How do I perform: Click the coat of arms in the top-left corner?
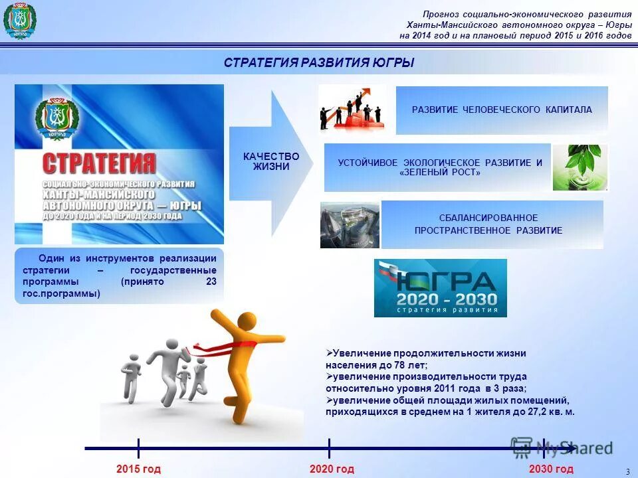19,21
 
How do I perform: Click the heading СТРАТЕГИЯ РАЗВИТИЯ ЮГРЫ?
319,63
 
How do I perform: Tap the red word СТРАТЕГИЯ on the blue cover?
100,163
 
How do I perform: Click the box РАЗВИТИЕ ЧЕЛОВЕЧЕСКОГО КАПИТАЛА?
502,110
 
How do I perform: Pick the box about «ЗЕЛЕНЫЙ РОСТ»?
438,167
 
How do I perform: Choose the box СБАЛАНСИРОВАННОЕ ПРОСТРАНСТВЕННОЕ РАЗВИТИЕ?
492,224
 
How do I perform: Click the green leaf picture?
579,167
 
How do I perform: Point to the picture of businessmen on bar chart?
352,109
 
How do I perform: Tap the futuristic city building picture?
350,225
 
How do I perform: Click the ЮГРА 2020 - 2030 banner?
440,287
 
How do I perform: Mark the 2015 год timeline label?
138,469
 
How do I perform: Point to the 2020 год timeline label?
332,469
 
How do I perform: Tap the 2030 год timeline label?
551,469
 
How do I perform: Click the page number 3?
627,471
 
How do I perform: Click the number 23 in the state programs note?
211,281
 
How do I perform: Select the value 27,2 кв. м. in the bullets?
553,412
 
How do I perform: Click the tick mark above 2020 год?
330,448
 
